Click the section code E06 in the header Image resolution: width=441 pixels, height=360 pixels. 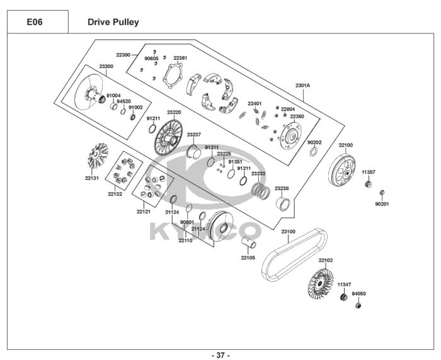35,22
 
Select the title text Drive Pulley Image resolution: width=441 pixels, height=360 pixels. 113,22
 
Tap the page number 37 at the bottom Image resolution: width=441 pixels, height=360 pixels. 220,355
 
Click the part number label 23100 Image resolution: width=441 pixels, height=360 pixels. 289,232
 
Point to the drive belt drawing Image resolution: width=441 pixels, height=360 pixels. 294,255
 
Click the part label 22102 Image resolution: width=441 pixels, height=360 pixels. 326,260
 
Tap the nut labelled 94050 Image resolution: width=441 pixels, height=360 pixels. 358,305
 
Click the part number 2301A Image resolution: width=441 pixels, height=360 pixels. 302,85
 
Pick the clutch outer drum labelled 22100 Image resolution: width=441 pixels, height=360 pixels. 342,170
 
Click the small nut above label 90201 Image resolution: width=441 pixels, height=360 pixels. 382,193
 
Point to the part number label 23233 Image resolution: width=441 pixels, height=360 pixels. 258,174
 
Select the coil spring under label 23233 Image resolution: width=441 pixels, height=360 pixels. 261,191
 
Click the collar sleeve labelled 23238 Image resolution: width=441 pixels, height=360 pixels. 283,205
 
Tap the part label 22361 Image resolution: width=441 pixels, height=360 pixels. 180,58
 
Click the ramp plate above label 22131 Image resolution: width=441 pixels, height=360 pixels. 98,155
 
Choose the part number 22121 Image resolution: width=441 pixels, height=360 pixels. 144,211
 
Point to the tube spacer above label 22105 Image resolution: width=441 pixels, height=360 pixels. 249,243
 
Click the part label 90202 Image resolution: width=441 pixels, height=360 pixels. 314,142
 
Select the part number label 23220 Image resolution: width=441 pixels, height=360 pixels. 174,112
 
